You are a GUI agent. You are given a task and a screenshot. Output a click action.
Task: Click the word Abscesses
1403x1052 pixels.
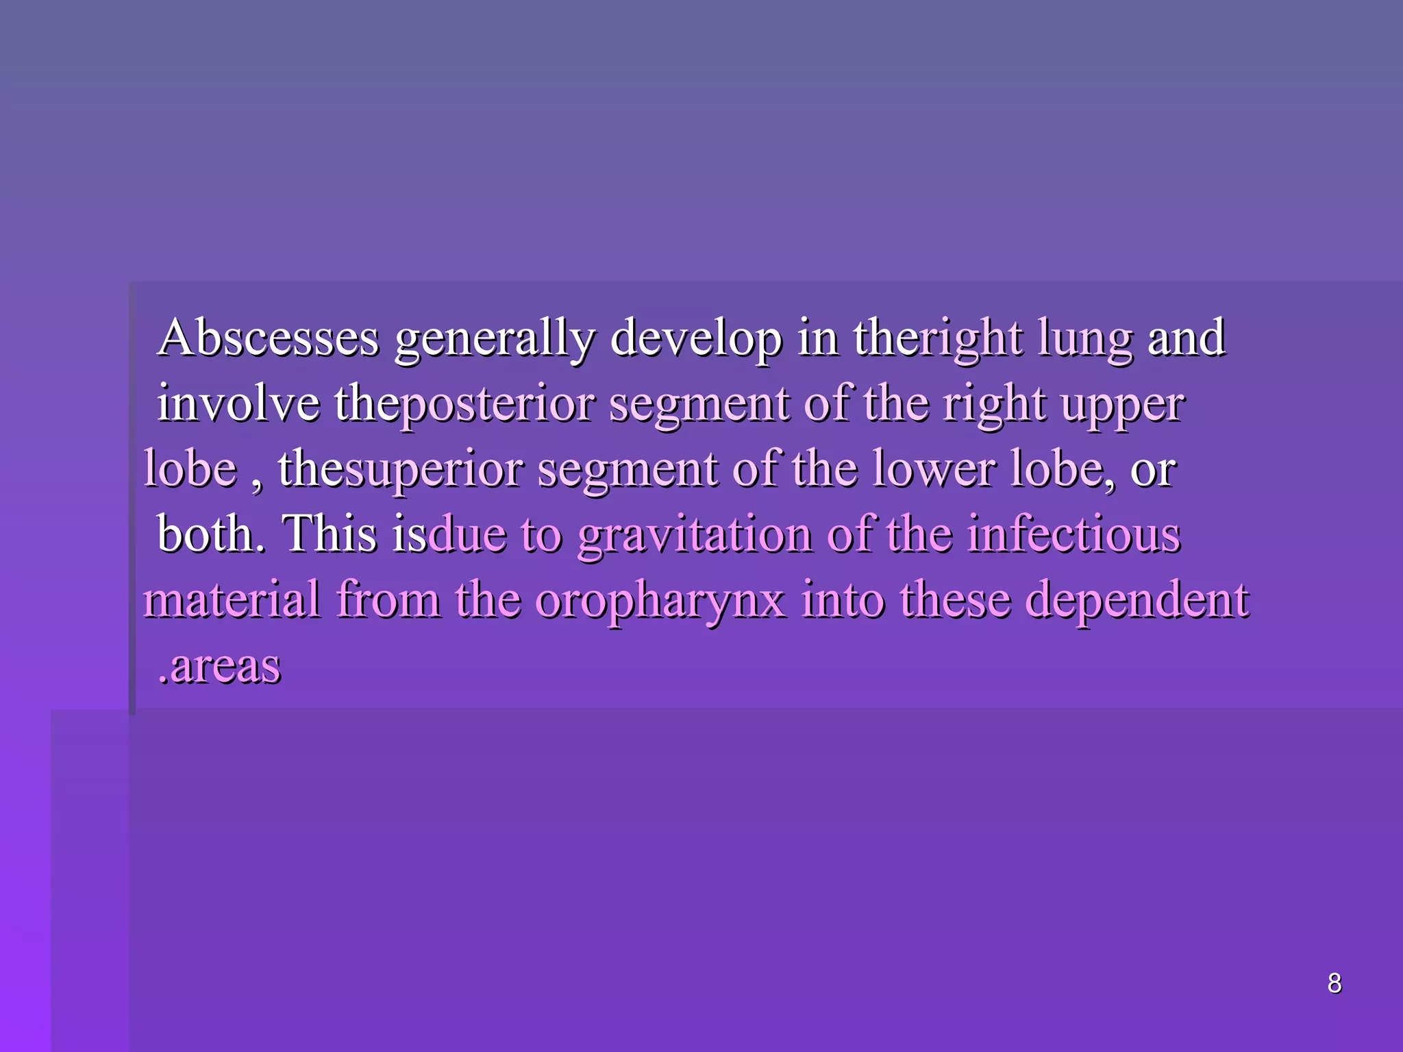268,338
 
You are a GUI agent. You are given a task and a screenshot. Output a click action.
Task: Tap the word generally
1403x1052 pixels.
495,339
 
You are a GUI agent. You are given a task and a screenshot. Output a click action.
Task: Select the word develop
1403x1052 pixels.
695,339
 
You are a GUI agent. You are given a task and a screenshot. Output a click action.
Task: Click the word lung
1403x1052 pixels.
1085,339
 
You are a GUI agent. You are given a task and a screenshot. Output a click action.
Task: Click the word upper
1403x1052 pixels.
1123,405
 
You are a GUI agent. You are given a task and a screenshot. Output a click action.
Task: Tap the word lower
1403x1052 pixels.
934,469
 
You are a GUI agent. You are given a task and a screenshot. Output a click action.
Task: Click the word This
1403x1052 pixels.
329,534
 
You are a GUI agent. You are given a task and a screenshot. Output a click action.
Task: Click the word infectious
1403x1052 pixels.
1073,534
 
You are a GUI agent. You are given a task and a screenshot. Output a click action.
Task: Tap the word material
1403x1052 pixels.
232,599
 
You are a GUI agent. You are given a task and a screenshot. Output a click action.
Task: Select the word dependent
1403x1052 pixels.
1137,599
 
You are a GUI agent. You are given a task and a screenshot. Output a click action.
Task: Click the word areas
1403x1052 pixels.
225,666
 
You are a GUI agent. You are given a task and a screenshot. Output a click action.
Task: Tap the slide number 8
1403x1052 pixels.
1334,984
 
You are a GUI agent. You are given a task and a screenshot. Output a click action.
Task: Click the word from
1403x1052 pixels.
388,599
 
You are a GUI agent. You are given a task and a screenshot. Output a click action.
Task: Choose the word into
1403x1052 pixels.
843,599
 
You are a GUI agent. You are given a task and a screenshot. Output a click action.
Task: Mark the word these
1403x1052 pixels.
955,599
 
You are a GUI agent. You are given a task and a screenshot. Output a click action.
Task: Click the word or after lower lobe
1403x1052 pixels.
1153,471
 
